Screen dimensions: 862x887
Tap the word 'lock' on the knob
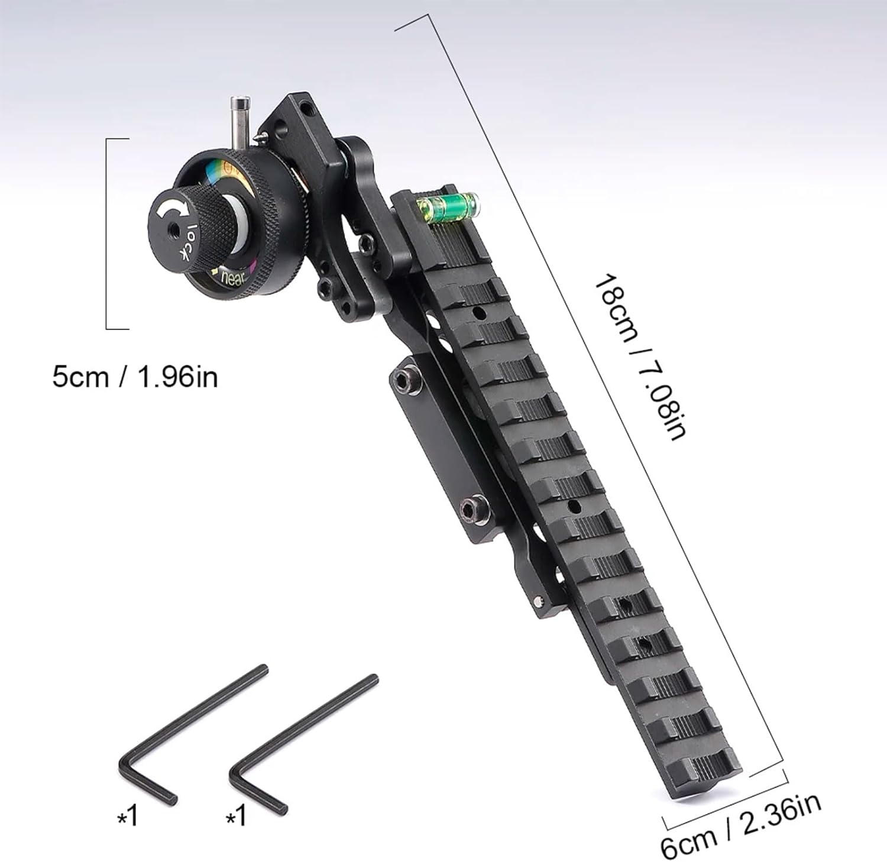(x=188, y=243)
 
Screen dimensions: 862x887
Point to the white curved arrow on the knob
(x=176, y=209)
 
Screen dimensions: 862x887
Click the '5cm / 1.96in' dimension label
(x=135, y=377)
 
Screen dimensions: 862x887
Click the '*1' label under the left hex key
(x=128, y=817)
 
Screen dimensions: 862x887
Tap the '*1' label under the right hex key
(x=237, y=817)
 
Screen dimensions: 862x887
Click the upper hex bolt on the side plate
(x=408, y=381)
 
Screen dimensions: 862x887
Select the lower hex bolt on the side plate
(x=472, y=509)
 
